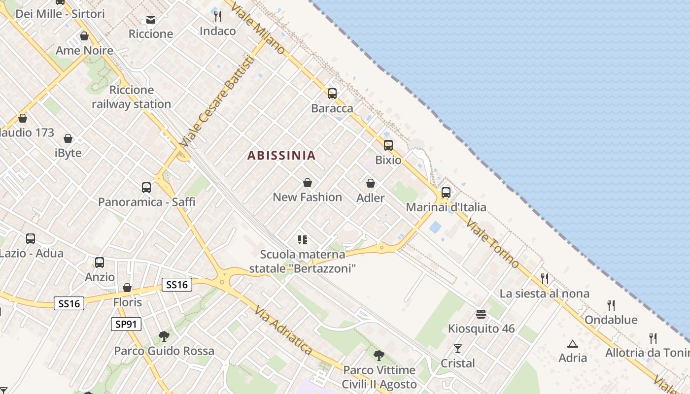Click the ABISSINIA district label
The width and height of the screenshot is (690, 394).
click(281, 156)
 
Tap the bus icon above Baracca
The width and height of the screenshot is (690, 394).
click(332, 93)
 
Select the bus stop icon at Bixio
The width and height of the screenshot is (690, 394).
click(388, 145)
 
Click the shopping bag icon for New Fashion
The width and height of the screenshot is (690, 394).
click(308, 183)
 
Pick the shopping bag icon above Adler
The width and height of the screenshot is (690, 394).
click(371, 183)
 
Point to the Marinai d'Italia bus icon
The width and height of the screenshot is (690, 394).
click(446, 192)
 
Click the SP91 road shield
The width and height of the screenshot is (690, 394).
click(126, 324)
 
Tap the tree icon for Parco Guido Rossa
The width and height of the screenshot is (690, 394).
click(164, 336)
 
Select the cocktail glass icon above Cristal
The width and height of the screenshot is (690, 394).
click(458, 349)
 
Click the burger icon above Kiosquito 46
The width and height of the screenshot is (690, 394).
click(481, 314)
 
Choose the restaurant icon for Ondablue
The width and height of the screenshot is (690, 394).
click(611, 305)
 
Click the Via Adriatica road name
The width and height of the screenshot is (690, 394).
click(283, 329)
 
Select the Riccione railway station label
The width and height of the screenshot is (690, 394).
click(131, 97)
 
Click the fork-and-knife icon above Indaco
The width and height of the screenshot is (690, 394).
click(218, 16)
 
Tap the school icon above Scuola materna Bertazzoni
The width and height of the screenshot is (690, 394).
click(303, 240)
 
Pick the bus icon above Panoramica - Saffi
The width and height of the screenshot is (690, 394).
click(146, 187)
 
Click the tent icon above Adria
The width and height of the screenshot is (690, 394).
click(572, 344)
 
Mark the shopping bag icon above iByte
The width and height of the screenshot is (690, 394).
click(68, 138)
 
